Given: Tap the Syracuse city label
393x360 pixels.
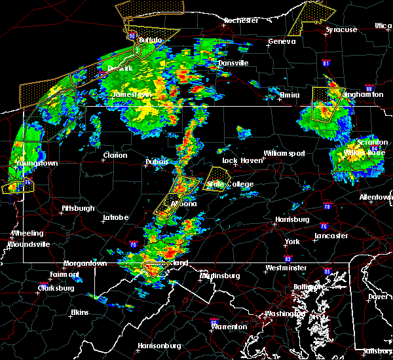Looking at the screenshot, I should point(342,29).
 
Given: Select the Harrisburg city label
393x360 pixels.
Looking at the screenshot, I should point(292,219).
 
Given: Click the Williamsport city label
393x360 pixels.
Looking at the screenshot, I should point(285,153).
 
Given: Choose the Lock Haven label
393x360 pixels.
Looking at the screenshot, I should point(238,160).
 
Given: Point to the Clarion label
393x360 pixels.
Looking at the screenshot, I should point(115,155).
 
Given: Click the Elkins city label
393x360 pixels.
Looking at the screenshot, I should point(81,312).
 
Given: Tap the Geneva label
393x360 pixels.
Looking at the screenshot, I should point(282,41).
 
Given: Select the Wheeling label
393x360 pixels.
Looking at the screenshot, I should point(28,233).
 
